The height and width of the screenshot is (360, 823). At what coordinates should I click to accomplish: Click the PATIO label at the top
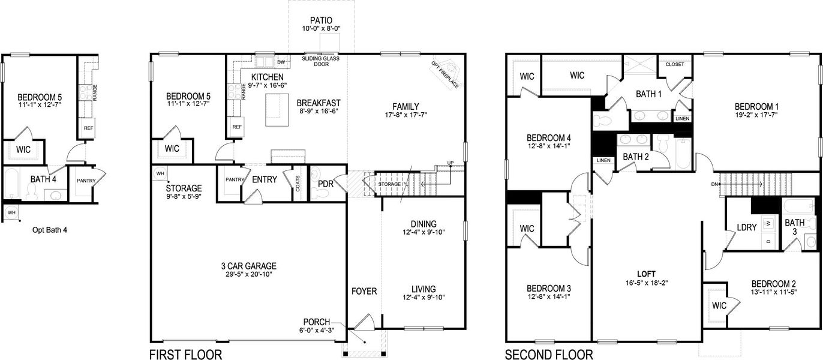pos(321,20)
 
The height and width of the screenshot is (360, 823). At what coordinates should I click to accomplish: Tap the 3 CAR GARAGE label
pos(248,266)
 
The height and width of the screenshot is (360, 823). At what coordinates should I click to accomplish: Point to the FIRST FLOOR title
pos(185,354)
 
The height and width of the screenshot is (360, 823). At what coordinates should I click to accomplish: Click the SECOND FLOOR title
pos(549,354)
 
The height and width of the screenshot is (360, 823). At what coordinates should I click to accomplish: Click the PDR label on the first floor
pos(326,184)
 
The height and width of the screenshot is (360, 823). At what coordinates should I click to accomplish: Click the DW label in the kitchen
pos(280,62)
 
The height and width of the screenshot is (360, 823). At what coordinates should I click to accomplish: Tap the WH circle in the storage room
pos(160,173)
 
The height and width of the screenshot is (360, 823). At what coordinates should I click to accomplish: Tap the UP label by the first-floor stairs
pos(450,163)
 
